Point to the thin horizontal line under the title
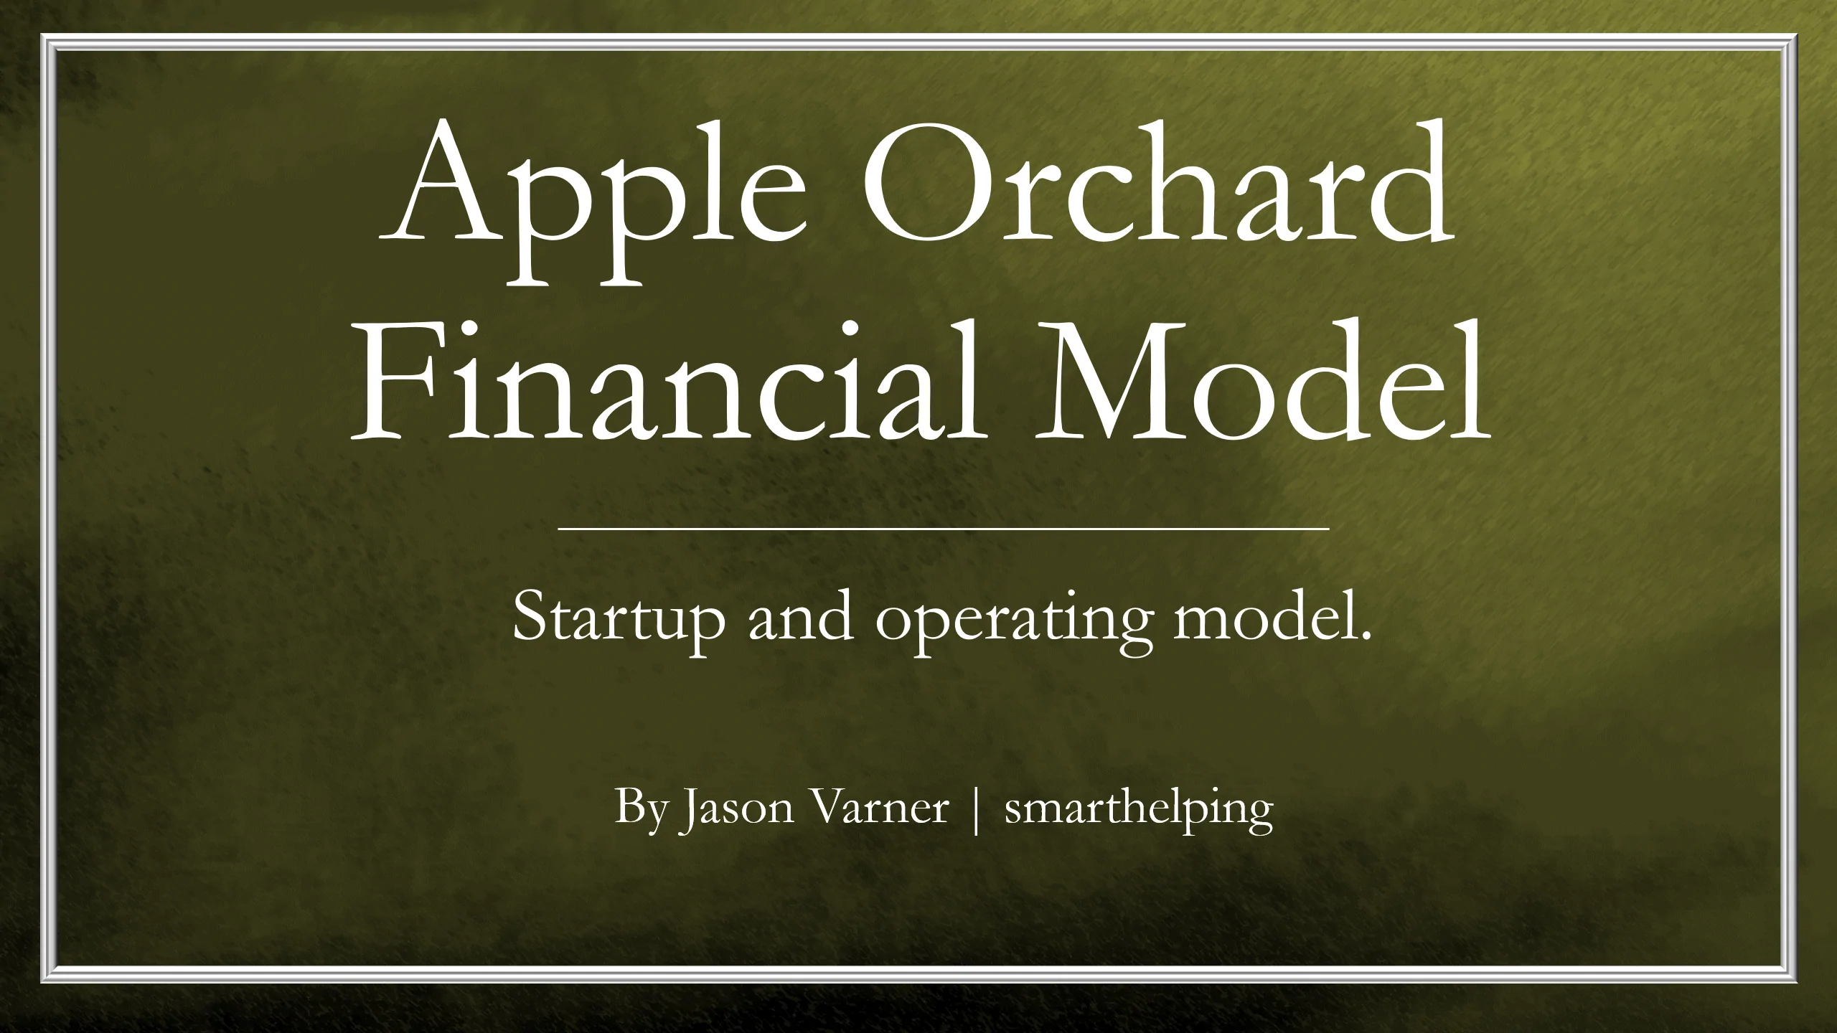coord(944,529)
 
